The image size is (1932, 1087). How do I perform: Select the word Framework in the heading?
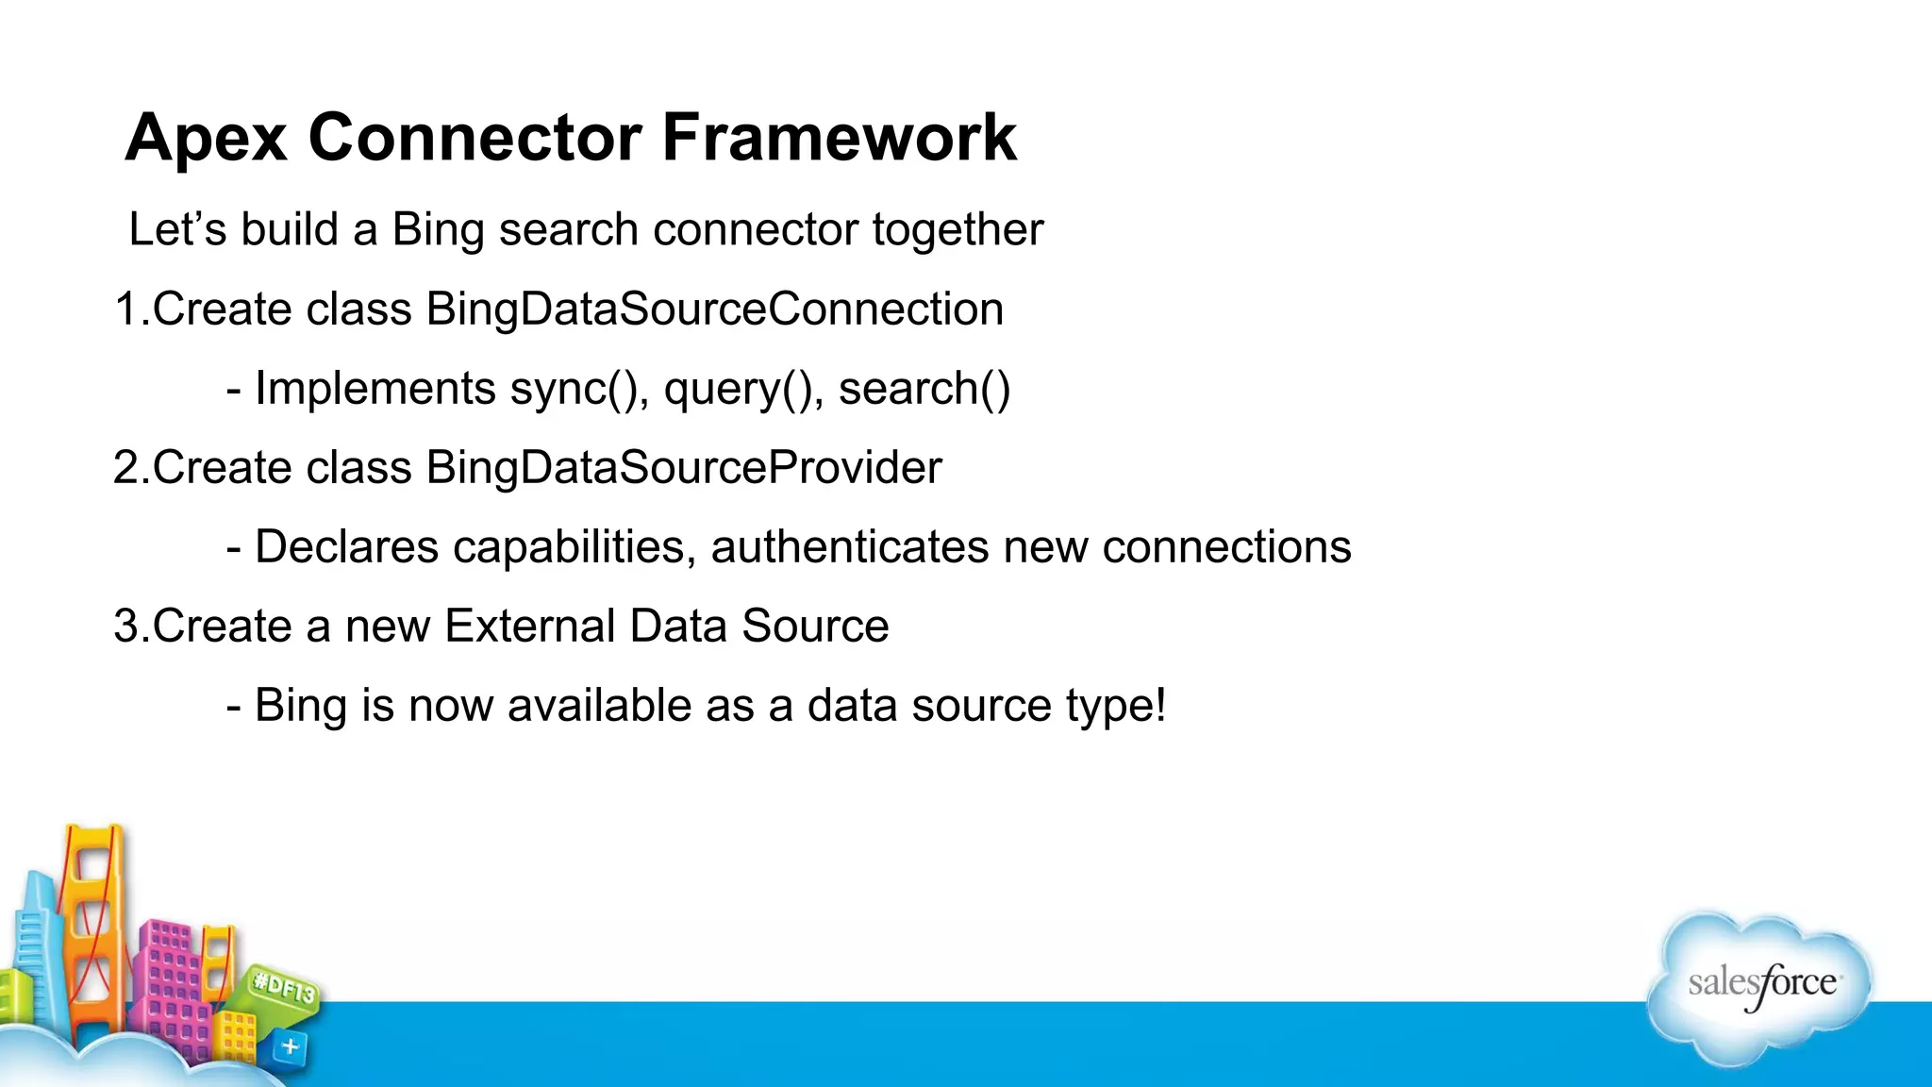[x=839, y=138]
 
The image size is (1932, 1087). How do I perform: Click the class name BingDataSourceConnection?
[x=714, y=310]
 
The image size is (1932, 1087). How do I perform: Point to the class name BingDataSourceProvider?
[x=683, y=469]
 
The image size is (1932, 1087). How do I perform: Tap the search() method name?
[x=924, y=390]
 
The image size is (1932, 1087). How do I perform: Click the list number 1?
[x=125, y=310]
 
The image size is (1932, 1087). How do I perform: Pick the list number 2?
[x=126, y=469]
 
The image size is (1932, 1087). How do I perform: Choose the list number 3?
[x=126, y=627]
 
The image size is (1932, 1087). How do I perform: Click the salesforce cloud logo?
[x=1760, y=987]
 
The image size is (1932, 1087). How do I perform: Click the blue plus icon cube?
[x=290, y=1046]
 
